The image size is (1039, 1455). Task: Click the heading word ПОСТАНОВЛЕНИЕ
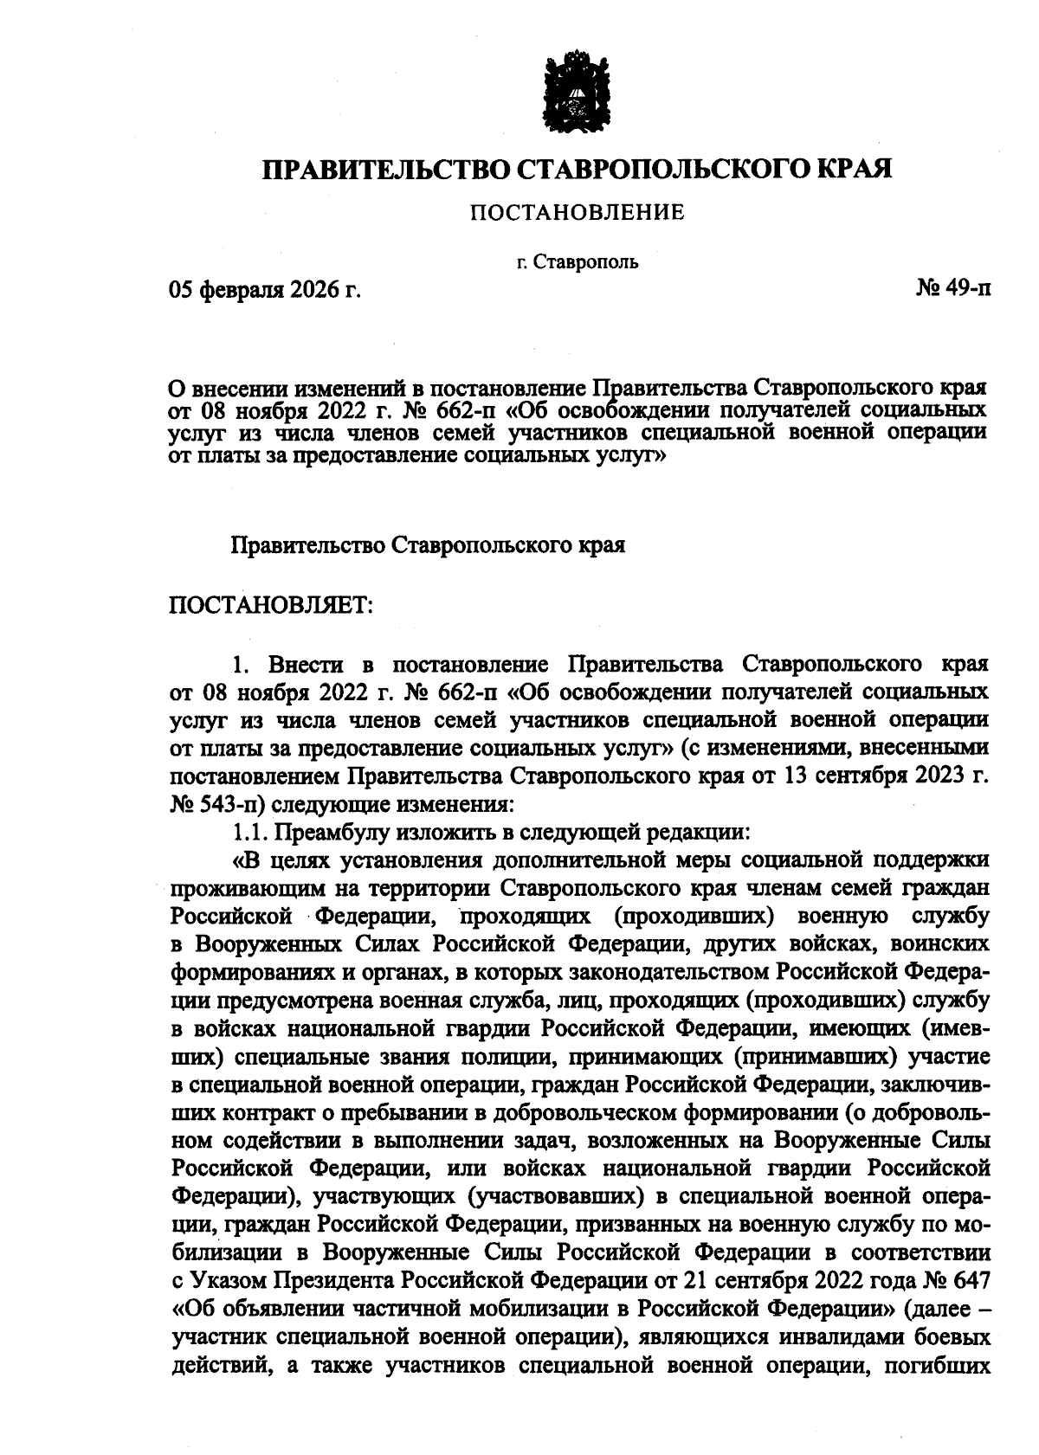tap(577, 212)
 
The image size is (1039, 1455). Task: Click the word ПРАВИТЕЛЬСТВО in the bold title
tap(385, 167)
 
